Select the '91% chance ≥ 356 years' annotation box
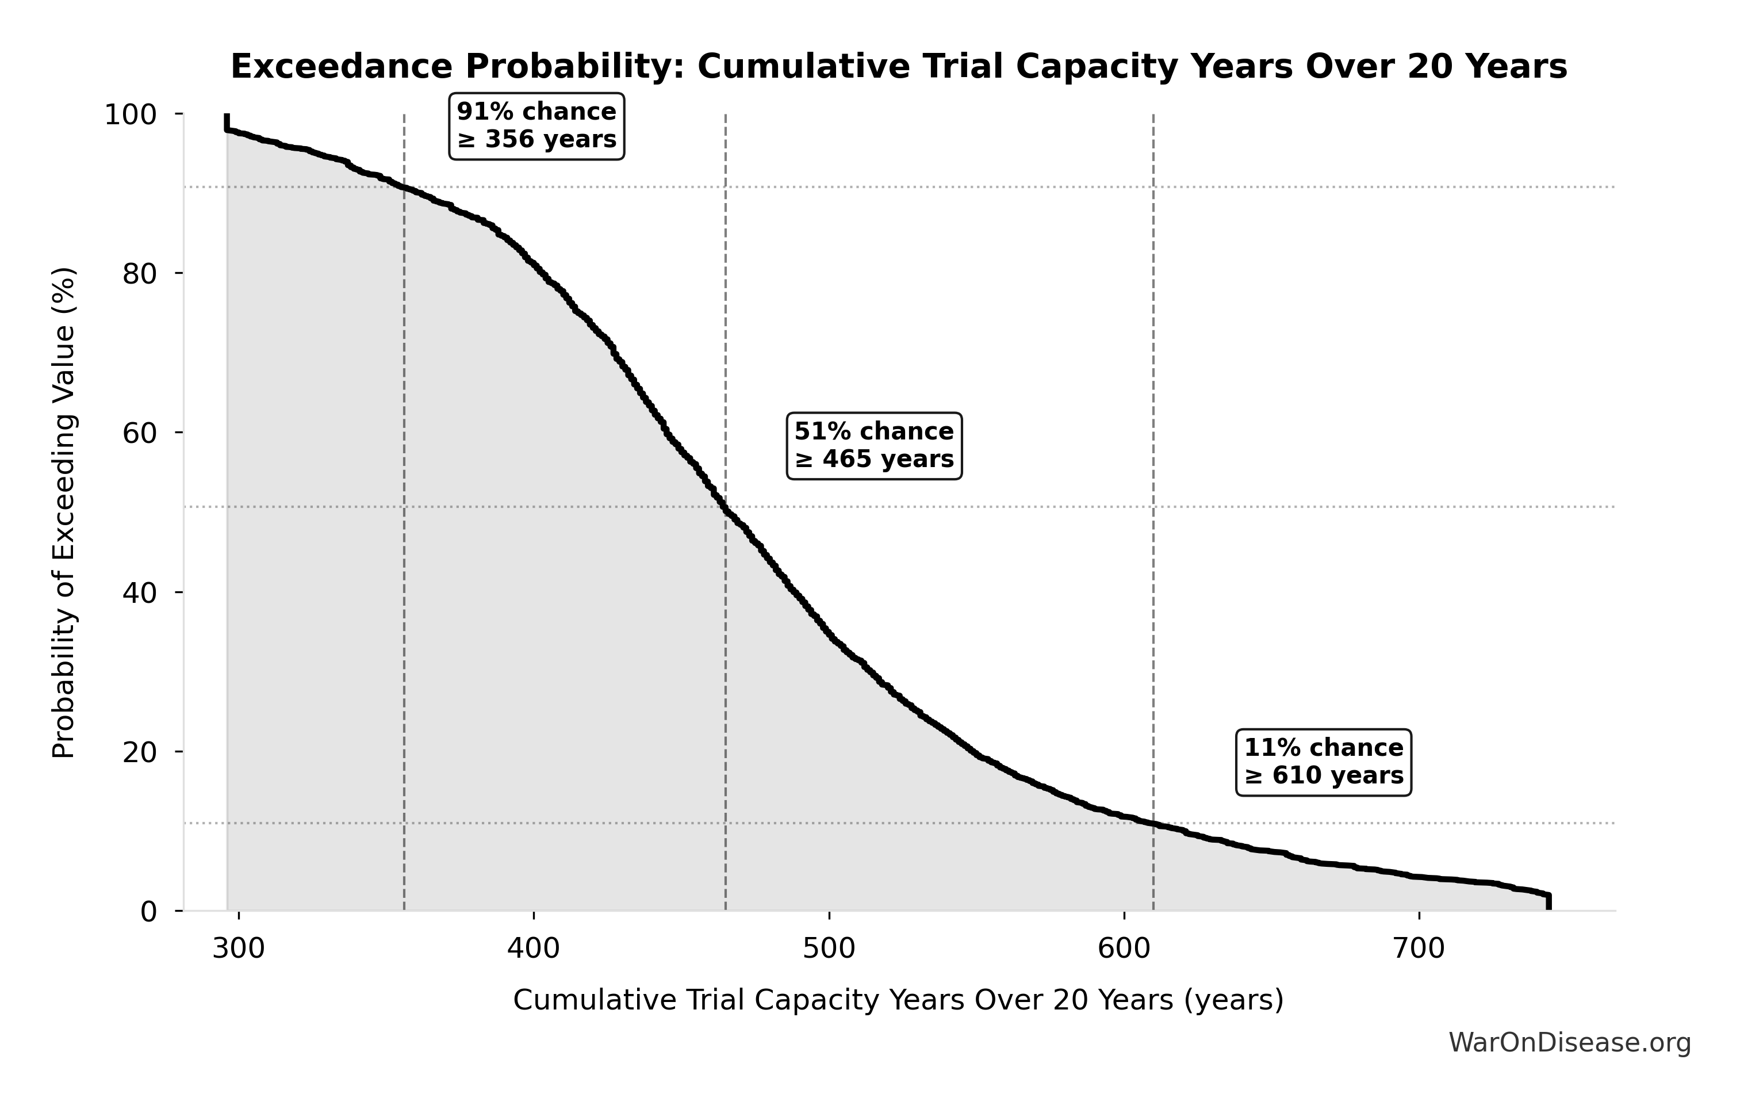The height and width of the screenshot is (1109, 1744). pyautogui.click(x=536, y=126)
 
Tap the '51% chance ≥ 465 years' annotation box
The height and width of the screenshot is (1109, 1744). pyautogui.click(x=874, y=446)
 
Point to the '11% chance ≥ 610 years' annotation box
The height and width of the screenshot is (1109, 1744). pyautogui.click(x=1323, y=762)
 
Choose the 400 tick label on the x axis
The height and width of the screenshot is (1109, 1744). pyautogui.click(x=534, y=949)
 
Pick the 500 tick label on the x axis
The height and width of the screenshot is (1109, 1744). pyautogui.click(x=829, y=949)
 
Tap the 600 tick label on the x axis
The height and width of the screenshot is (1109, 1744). pyautogui.click(x=1124, y=949)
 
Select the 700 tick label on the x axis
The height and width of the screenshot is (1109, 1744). pyautogui.click(x=1419, y=949)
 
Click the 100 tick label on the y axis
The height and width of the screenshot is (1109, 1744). pyautogui.click(x=131, y=114)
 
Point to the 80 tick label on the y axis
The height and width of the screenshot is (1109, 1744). pyautogui.click(x=140, y=274)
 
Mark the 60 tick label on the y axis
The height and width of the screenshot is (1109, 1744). pyautogui.click(x=140, y=433)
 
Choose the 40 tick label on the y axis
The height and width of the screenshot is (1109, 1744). pyautogui.click(x=140, y=592)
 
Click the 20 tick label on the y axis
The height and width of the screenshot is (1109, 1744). pyautogui.click(x=140, y=752)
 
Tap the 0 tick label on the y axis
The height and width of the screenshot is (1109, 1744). pyautogui.click(x=148, y=912)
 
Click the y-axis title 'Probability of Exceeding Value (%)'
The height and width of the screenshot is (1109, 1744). pyautogui.click(x=64, y=513)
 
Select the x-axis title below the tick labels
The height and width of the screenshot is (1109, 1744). pyautogui.click(x=898, y=1000)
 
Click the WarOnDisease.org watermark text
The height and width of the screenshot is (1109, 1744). pyautogui.click(x=1569, y=1043)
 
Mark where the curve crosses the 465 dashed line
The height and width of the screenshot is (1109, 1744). pyautogui.click(x=726, y=508)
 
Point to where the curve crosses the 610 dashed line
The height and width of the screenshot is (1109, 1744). pyautogui.click(x=1153, y=824)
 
